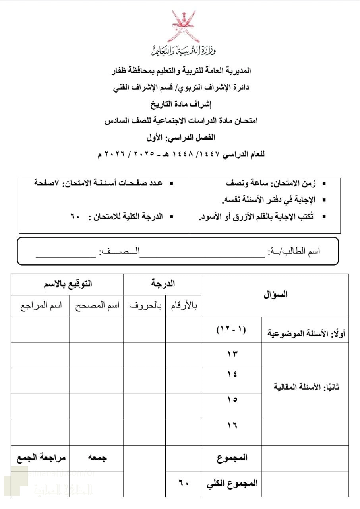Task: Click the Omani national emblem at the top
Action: [x=184, y=27]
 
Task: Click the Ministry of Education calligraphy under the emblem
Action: [x=184, y=51]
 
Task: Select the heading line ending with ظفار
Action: [x=181, y=71]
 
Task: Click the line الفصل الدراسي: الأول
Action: [x=181, y=138]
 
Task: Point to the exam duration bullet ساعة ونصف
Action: [x=270, y=183]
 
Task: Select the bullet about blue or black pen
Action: [x=262, y=217]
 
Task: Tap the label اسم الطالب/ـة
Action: [x=294, y=252]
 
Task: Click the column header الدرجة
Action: [x=163, y=284]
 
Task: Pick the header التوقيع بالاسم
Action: [x=68, y=284]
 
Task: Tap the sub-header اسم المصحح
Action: [x=97, y=306]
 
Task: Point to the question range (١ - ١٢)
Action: [x=231, y=330]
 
